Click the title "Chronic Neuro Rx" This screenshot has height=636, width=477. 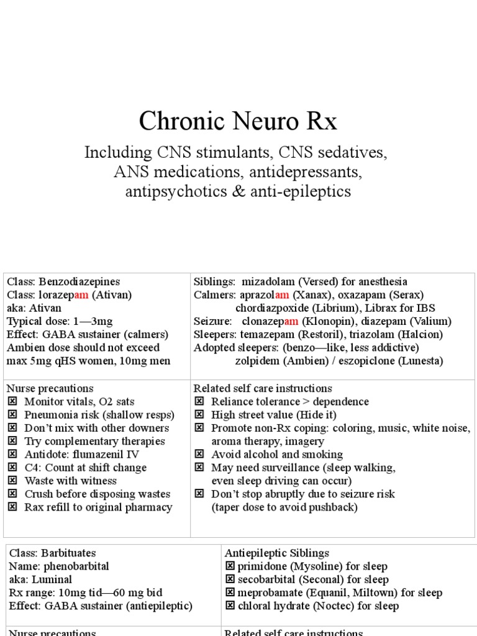tap(238, 121)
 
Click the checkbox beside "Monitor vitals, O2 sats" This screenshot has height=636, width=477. tap(12, 402)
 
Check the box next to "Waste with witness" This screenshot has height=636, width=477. tap(12, 481)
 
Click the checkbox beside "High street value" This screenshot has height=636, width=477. tap(199, 415)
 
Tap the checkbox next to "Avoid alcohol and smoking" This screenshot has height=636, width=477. tap(199, 455)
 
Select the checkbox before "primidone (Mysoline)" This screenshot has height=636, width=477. tap(229, 566)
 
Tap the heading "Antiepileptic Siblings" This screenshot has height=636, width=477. tap(277, 553)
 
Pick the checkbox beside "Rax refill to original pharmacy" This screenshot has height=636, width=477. tap(12, 507)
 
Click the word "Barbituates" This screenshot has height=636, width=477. tap(67, 553)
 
